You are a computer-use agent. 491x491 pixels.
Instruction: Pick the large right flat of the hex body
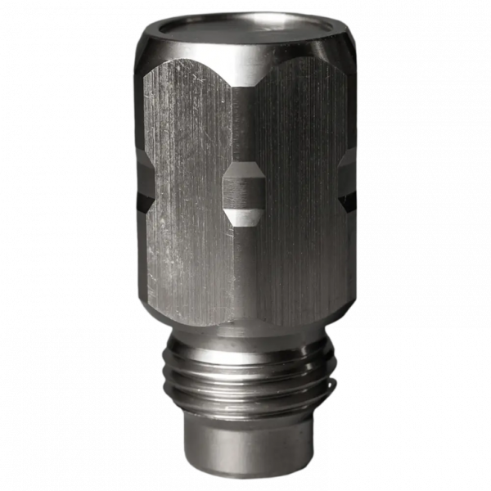[299, 196]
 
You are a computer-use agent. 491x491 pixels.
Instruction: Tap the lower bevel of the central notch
[243, 216]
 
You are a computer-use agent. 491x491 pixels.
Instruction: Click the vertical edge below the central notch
[244, 270]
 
